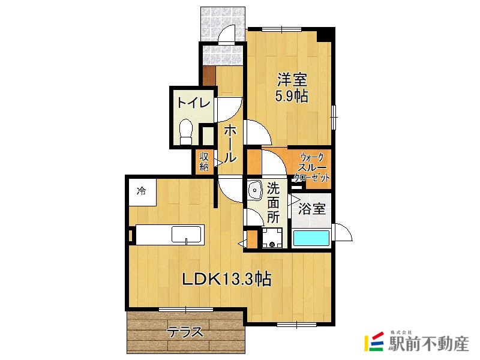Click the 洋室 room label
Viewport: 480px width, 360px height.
pyautogui.click(x=292, y=79)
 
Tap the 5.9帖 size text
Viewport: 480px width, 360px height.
pyautogui.click(x=292, y=95)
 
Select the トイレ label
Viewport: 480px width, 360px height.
pyautogui.click(x=193, y=103)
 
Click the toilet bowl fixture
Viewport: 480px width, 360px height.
pyautogui.click(x=186, y=130)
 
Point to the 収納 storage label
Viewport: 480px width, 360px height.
pyautogui.click(x=204, y=161)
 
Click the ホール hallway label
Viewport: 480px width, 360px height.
pyautogui.click(x=229, y=143)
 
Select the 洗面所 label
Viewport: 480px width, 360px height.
pyautogui.click(x=274, y=202)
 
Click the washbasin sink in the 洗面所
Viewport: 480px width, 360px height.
pyautogui.click(x=254, y=191)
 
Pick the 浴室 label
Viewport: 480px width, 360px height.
pyautogui.click(x=312, y=209)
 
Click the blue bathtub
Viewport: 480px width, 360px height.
pyautogui.click(x=311, y=238)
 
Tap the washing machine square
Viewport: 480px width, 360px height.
pyautogui.click(x=272, y=238)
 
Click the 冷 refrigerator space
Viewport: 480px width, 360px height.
pyautogui.click(x=142, y=192)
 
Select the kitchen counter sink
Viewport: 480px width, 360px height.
pyautogui.click(x=188, y=233)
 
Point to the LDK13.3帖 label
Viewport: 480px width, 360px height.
pyautogui.click(x=227, y=278)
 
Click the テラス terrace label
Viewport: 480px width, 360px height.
pyautogui.click(x=185, y=332)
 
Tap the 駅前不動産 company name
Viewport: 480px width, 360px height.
pyautogui.click(x=428, y=344)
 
